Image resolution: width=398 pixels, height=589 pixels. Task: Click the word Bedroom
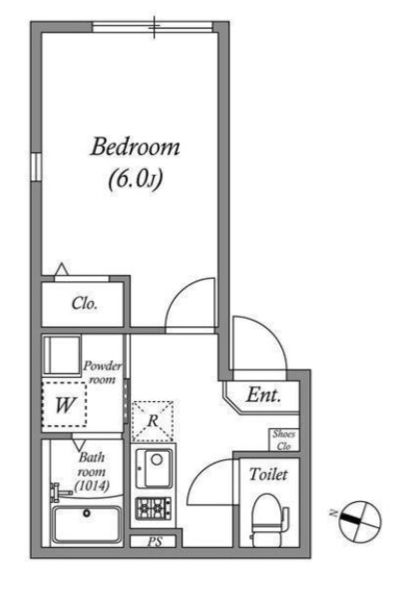[x=135, y=147]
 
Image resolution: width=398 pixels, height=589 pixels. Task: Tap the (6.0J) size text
[x=135, y=180]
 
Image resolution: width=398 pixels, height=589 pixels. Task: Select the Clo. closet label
[x=85, y=304]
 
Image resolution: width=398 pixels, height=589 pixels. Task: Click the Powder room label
[x=102, y=372]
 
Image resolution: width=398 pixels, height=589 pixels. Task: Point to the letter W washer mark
[x=64, y=405]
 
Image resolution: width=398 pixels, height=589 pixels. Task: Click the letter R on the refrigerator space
[x=152, y=421]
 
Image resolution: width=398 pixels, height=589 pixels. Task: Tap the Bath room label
[x=92, y=465]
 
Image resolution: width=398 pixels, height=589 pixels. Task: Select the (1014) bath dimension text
[x=92, y=486]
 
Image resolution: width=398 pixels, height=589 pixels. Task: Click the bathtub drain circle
[x=87, y=512]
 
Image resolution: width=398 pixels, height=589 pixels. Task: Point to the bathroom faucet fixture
[x=60, y=492]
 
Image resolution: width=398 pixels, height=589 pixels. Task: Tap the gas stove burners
[x=153, y=509]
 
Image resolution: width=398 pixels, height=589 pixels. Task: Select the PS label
[x=155, y=541]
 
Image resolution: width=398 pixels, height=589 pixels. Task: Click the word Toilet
[x=268, y=474]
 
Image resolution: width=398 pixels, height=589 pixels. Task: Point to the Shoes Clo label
[x=284, y=439]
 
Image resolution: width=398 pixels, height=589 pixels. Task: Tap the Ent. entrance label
[x=263, y=395]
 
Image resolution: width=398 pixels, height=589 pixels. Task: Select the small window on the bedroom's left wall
[x=36, y=167]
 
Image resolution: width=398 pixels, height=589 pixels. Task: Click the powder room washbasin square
[x=62, y=355]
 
